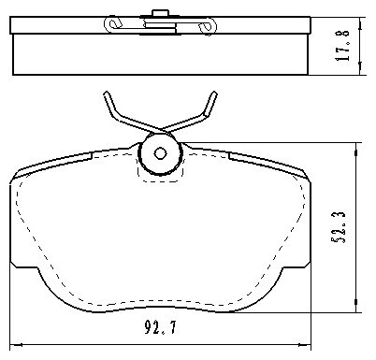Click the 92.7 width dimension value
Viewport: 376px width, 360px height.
click(160, 327)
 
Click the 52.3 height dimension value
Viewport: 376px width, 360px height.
click(339, 227)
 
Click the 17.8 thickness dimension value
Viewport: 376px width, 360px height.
click(342, 45)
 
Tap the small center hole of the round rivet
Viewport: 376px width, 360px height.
click(160, 153)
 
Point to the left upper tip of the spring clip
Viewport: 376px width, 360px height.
click(107, 93)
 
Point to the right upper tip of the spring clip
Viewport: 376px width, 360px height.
click(214, 93)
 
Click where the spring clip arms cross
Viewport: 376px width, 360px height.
click(160, 129)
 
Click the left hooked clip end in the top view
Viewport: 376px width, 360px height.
click(112, 24)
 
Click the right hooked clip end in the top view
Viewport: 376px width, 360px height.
click(208, 25)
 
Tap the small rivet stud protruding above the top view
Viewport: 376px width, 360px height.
click(160, 13)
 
